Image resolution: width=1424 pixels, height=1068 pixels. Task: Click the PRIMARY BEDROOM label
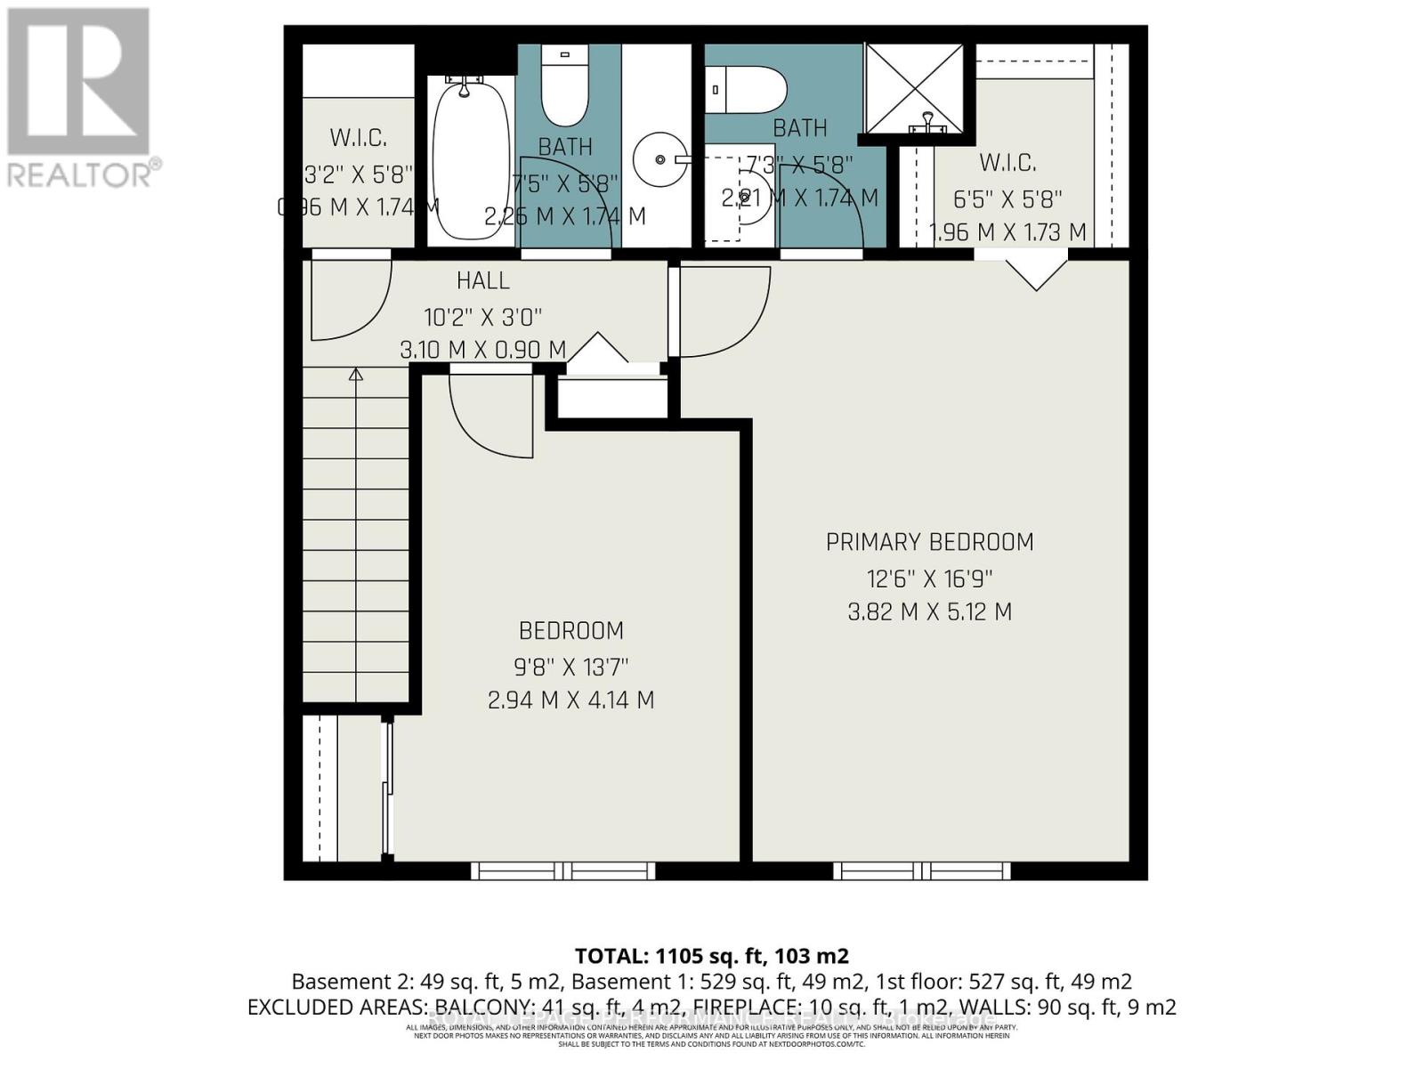929,542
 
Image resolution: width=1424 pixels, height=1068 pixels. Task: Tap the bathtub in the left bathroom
471,160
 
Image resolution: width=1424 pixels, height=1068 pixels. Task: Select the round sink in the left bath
660,159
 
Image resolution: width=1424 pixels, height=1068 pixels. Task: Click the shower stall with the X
915,89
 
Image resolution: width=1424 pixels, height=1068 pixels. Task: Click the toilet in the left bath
565,89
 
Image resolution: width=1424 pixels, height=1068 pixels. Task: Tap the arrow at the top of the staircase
356,375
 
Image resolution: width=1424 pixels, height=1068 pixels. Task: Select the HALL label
483,281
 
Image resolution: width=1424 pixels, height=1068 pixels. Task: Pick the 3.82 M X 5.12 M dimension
929,612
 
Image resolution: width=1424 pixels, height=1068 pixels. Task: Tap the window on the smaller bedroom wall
562,870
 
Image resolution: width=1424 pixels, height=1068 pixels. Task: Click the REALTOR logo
80,98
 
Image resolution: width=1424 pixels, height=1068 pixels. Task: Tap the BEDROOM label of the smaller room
571,631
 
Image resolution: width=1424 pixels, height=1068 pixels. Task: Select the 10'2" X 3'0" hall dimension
483,316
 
